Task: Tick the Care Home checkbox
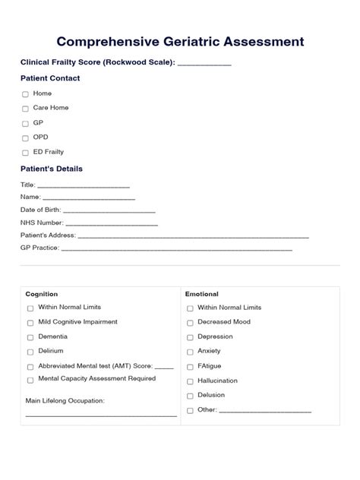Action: point(25,109)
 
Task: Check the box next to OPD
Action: point(25,137)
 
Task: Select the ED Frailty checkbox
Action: point(25,152)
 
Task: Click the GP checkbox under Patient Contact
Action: point(25,123)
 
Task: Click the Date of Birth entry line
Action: point(109,211)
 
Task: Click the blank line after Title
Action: point(84,186)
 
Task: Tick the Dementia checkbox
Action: point(30,336)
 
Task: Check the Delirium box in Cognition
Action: point(30,352)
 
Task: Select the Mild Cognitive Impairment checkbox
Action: point(30,323)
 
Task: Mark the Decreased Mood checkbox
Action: point(189,323)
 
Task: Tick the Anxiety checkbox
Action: point(189,352)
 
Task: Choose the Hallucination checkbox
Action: point(189,381)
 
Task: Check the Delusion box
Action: point(189,396)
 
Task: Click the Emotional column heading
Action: point(202,294)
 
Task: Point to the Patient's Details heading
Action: point(52,169)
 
